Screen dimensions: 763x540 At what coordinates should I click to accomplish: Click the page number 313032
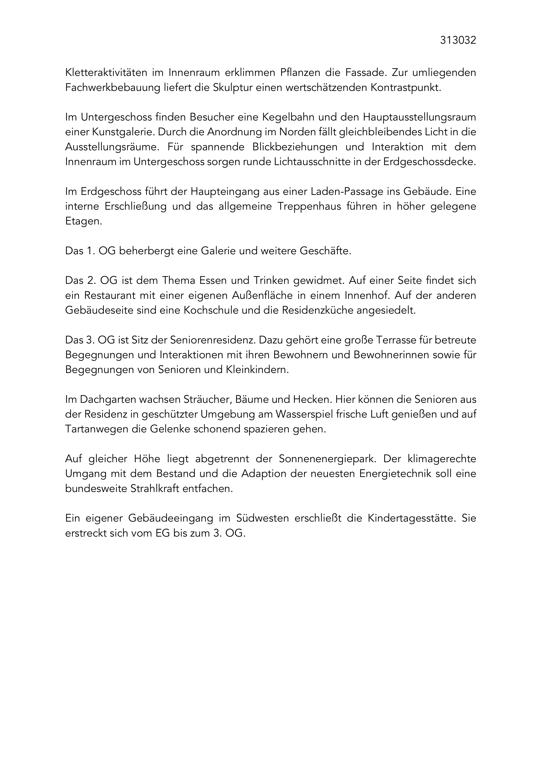458,40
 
